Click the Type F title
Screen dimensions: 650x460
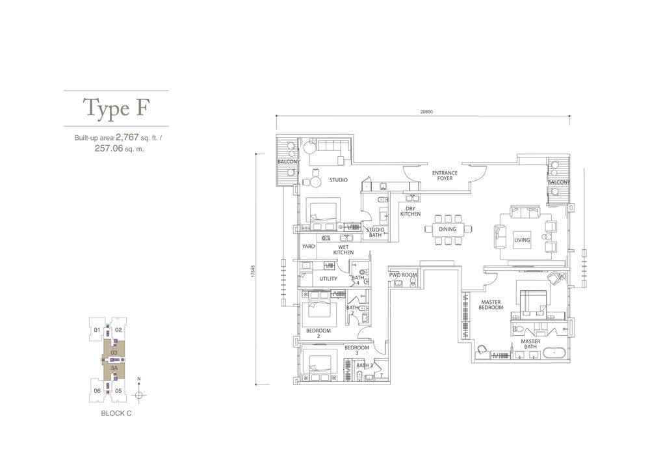(116, 108)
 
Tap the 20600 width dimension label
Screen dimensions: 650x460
(426, 111)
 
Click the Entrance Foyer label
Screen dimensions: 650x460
(445, 176)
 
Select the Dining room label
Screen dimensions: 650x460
(447, 229)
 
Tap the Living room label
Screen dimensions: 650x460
(522, 239)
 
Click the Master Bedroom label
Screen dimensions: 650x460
(491, 305)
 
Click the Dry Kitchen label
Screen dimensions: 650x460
(410, 211)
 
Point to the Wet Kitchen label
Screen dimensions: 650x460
(343, 250)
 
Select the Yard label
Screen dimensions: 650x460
(308, 247)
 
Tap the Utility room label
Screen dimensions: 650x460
(328, 278)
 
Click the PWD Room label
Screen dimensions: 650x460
(403, 275)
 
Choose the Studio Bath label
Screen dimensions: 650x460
(375, 232)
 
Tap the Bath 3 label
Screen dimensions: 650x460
(365, 366)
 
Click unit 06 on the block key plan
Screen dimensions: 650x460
(97, 391)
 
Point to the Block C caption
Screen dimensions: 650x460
(116, 413)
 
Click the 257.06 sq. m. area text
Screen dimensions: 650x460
(120, 148)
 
